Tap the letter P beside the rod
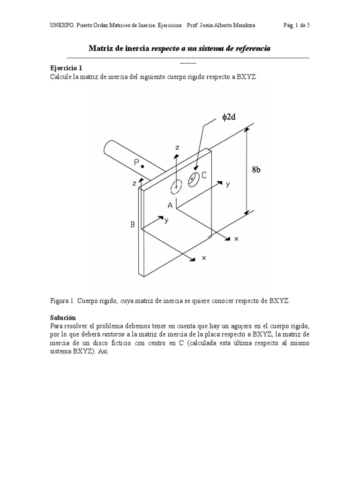[136, 163]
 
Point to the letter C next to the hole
[204, 174]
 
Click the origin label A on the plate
[171, 205]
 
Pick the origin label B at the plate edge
[133, 225]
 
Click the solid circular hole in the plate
[193, 179]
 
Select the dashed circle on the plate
[177, 186]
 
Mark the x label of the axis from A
[236, 239]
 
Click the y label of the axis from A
[228, 184]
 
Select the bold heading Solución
[63, 317]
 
